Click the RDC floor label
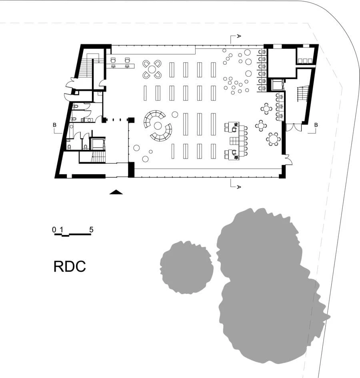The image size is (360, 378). (70, 267)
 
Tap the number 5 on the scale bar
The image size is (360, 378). (91, 230)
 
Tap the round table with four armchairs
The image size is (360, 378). (152, 70)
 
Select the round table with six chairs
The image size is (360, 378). (274, 139)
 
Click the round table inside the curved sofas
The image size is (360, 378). (158, 126)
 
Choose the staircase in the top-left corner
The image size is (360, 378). (85, 66)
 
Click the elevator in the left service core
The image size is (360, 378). (97, 143)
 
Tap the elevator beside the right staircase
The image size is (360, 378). (277, 85)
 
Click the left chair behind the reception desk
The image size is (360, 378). (113, 60)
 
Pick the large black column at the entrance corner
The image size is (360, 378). (131, 170)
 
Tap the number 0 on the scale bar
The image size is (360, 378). (54, 230)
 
